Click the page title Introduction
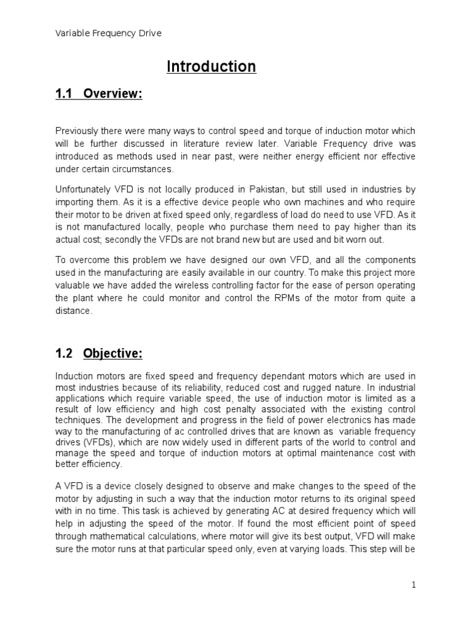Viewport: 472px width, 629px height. click(211, 66)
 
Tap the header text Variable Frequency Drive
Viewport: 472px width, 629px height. click(108, 33)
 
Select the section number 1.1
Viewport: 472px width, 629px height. click(64, 94)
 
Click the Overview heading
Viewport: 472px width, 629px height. click(112, 94)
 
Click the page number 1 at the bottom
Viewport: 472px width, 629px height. click(414, 585)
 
